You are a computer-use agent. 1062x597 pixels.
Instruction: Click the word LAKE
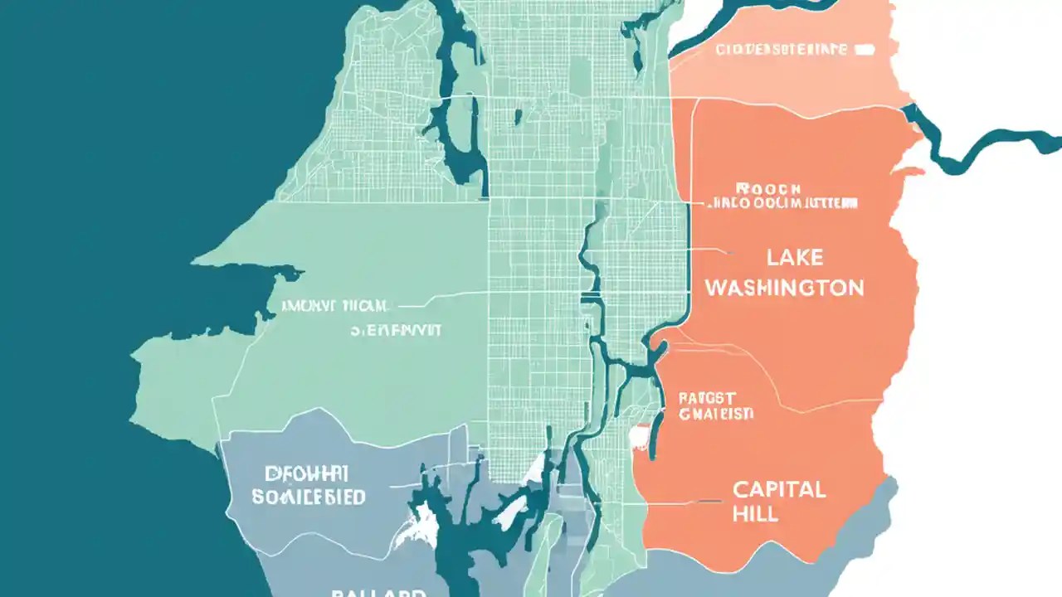tap(794, 258)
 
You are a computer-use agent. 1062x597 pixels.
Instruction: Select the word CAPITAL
tap(779, 489)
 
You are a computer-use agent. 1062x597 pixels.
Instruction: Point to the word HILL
tap(755, 514)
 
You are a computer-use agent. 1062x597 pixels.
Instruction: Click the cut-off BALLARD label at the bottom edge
tap(378, 592)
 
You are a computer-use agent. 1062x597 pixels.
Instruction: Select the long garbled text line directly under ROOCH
tap(782, 203)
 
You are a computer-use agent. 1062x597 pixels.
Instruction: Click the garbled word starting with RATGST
tap(707, 398)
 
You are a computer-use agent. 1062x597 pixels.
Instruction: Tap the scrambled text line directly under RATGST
tap(715, 414)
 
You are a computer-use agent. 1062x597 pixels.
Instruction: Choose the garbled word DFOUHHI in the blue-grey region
tap(306, 474)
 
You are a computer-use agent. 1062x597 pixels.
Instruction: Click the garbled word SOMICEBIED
tap(308, 497)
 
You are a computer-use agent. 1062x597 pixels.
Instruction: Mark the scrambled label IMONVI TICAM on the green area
tap(335, 305)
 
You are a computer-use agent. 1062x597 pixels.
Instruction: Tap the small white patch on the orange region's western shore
tap(639, 437)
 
